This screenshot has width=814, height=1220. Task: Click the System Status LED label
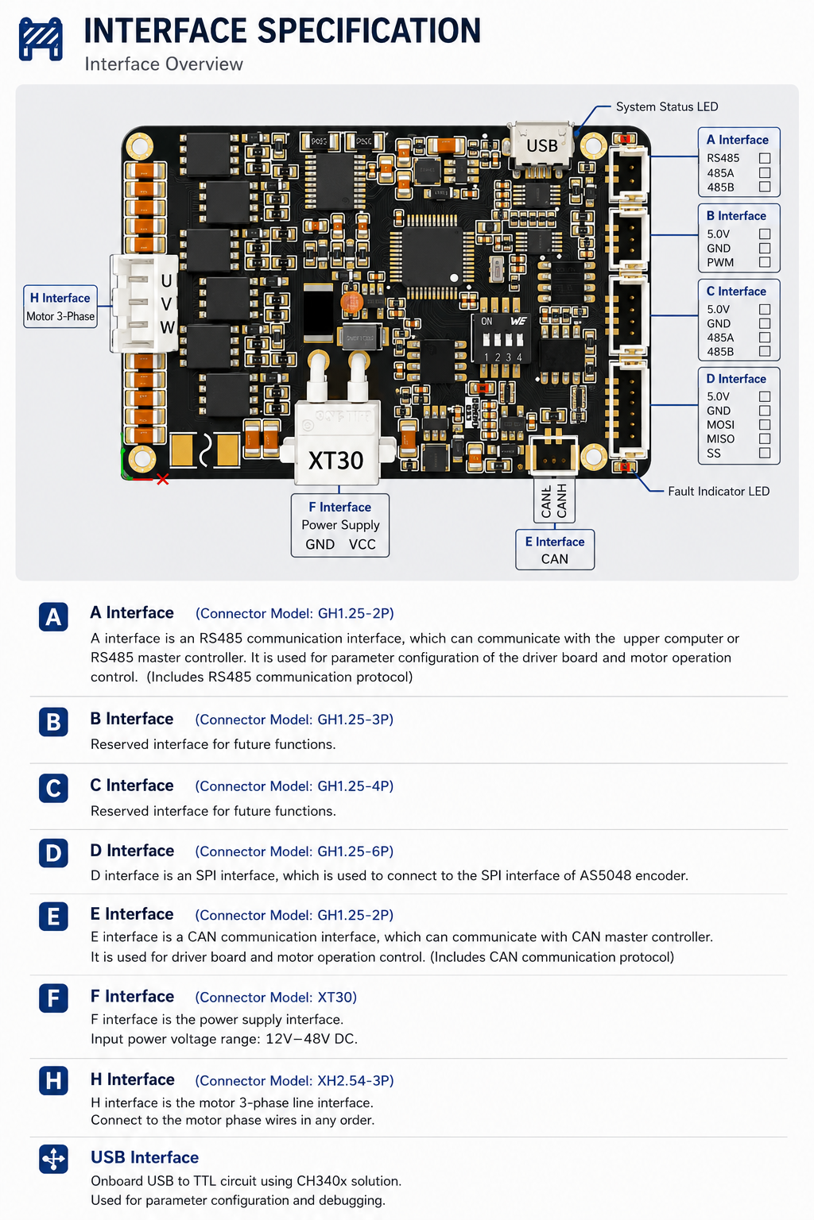pyautogui.click(x=667, y=106)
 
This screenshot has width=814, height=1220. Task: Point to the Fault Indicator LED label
pyautogui.click(x=719, y=492)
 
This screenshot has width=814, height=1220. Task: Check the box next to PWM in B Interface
pyautogui.click(x=765, y=262)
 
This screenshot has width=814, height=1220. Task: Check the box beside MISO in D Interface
pyautogui.click(x=765, y=438)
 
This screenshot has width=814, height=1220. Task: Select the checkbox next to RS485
pyautogui.click(x=765, y=158)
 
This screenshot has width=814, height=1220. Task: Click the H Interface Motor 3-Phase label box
pyautogui.click(x=60, y=307)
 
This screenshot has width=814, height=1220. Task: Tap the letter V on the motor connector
pyautogui.click(x=166, y=304)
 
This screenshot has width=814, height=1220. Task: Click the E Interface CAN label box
pyautogui.click(x=555, y=550)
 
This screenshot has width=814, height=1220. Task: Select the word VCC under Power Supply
pyautogui.click(x=362, y=544)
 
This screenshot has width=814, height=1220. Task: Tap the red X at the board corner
pyautogui.click(x=162, y=479)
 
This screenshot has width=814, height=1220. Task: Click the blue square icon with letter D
pyautogui.click(x=53, y=853)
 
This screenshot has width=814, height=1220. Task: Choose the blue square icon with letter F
pyautogui.click(x=53, y=998)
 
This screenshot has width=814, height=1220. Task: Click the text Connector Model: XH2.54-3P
pyautogui.click(x=294, y=1080)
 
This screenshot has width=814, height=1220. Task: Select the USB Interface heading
pyautogui.click(x=145, y=1157)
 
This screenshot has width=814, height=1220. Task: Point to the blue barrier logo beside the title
pyautogui.click(x=41, y=39)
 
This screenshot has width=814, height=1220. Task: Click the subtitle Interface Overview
pyautogui.click(x=164, y=64)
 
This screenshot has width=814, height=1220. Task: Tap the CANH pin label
pyautogui.click(x=561, y=500)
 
